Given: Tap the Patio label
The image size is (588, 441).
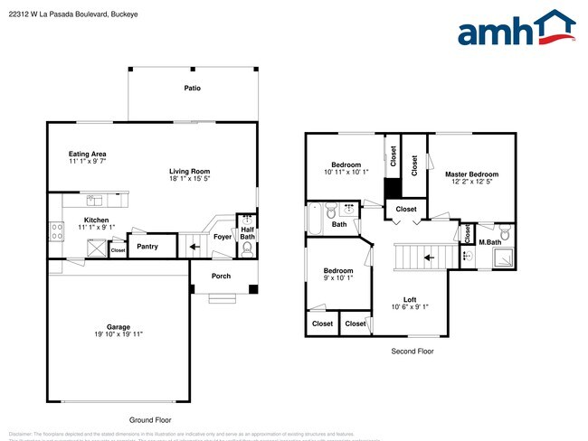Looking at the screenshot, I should [x=192, y=89].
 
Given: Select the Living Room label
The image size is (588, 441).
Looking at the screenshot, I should [x=189, y=171].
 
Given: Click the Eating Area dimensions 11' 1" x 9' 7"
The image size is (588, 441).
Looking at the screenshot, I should [x=88, y=161].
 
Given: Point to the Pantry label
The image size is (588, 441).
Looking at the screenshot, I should [x=147, y=246].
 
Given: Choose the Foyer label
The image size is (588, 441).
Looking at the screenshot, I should [x=222, y=237].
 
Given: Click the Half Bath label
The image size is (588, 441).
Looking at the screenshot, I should [x=247, y=233].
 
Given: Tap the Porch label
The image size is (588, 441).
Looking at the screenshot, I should [x=221, y=277].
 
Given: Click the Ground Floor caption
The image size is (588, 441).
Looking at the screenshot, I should [x=150, y=420].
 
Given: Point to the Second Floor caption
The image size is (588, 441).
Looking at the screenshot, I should [x=412, y=351].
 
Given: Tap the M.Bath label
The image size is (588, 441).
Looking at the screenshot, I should [x=489, y=242].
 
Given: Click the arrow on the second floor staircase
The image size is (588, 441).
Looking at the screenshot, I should [x=430, y=258].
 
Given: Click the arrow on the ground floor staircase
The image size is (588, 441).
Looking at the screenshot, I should [x=195, y=245].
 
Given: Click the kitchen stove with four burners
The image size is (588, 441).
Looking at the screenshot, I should [x=54, y=230].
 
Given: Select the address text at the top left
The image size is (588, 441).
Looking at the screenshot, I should [x=71, y=14].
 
